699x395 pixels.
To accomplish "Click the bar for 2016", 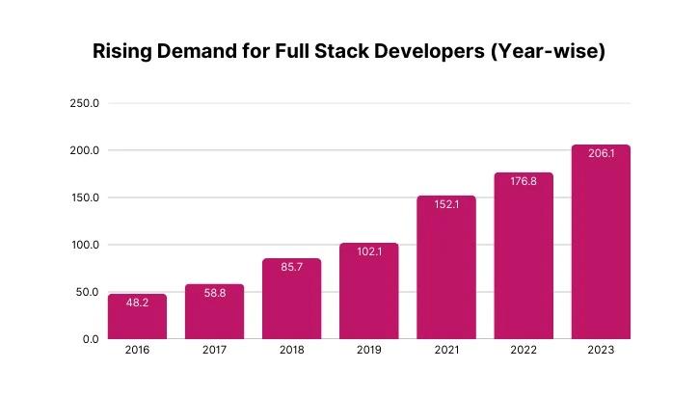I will pos(137,317).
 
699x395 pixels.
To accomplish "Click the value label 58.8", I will pos(214,295).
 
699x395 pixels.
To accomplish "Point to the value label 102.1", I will pos(368,253).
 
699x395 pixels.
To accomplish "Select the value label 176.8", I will pos(524,183).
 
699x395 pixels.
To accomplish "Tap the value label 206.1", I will pos(601,155).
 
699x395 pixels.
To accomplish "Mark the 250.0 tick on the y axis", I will pos(85,103).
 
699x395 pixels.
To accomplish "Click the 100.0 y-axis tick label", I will pos(85,245).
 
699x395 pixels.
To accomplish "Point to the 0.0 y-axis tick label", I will pos(90,339).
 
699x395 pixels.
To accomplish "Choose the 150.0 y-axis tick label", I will pos(85,197).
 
